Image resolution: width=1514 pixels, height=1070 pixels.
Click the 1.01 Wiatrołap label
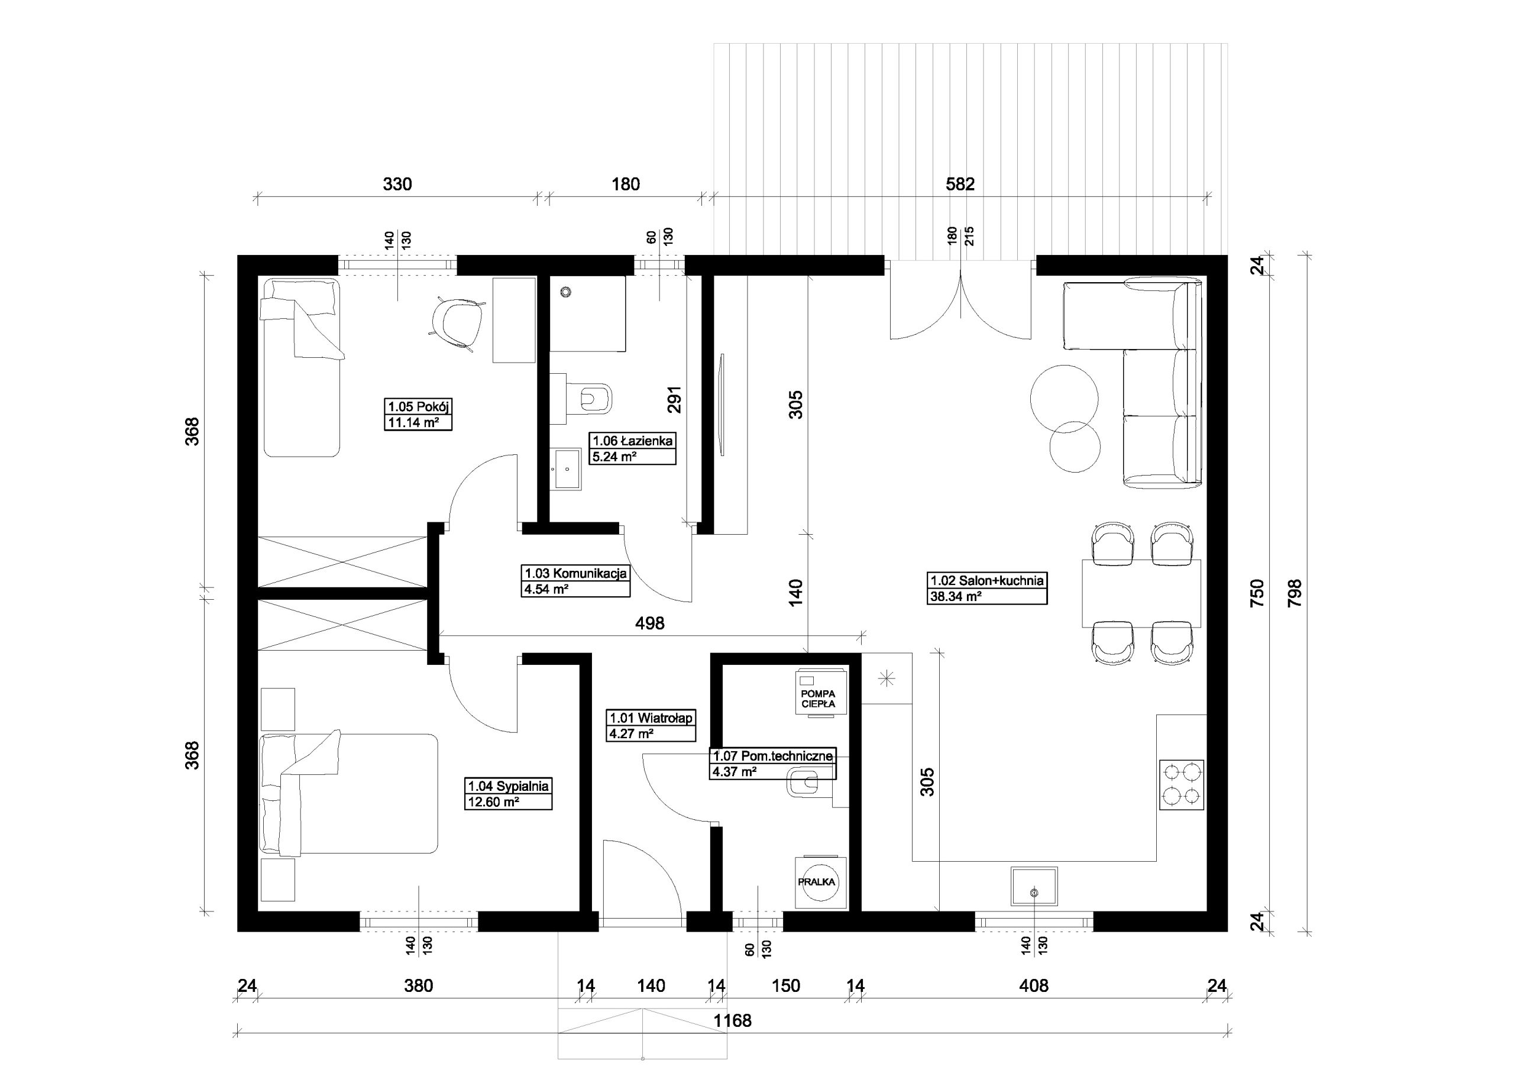tap(651, 717)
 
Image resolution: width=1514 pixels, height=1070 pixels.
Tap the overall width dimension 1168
tap(733, 1020)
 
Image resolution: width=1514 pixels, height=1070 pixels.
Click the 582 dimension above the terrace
tap(960, 184)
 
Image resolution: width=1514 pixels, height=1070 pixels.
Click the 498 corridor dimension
tap(649, 623)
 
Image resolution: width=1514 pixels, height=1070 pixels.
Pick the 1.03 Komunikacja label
tap(575, 573)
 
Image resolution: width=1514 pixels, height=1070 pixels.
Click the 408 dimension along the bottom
tap(1033, 985)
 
